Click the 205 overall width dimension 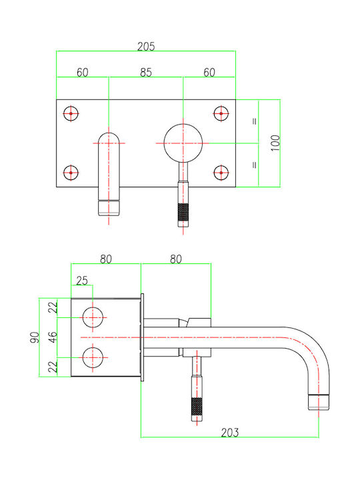pos(146,47)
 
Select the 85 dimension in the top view pos(146,73)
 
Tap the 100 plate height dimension pos(275,143)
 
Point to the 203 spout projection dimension pos(229,432)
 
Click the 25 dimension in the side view pos(82,281)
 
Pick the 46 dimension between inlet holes pos(53,337)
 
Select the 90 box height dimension pos(35,337)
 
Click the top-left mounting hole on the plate pos(71,113)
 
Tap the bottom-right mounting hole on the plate pos(221,173)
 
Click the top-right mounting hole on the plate pos(221,113)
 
